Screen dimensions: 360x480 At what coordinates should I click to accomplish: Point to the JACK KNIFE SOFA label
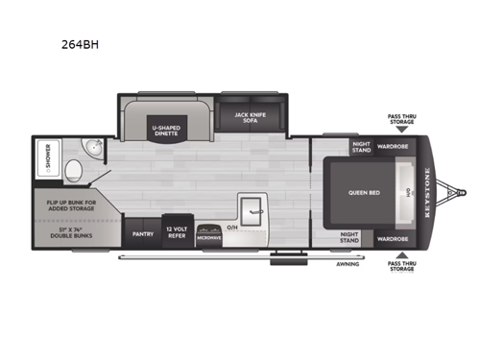(251, 117)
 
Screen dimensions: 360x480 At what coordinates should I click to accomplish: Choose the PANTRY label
(143, 232)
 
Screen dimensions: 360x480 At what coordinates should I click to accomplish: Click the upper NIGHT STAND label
(360, 148)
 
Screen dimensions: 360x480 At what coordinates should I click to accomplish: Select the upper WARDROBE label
(392, 147)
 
